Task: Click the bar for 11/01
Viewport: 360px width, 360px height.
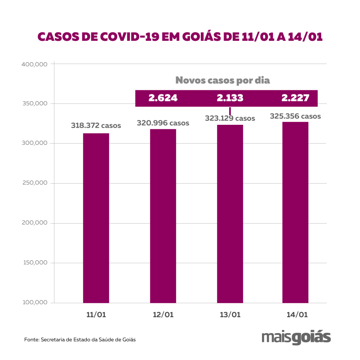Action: (x=96, y=218)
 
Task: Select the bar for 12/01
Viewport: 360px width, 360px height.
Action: (x=163, y=216)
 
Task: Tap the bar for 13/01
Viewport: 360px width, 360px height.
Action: (x=230, y=214)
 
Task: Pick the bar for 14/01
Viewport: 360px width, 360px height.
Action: (x=295, y=212)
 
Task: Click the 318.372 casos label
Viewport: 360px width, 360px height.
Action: (x=96, y=126)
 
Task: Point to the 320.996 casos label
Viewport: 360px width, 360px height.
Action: (x=163, y=123)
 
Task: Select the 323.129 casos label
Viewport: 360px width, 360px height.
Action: (x=230, y=118)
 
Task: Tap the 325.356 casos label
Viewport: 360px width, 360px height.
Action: (x=295, y=116)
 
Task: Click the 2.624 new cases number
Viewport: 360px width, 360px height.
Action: (x=163, y=98)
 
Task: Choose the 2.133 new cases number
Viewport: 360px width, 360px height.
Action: (x=230, y=98)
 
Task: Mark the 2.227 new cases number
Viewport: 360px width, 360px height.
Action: (x=295, y=98)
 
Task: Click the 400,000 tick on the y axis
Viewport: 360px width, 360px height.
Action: (x=34, y=64)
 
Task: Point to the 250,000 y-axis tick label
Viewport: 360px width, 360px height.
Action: (x=34, y=183)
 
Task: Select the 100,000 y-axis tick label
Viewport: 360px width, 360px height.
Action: (x=34, y=303)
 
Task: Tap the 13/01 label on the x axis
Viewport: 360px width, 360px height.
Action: (x=230, y=315)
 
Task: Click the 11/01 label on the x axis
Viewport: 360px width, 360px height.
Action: (x=96, y=315)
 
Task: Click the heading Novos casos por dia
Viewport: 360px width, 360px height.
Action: (x=223, y=80)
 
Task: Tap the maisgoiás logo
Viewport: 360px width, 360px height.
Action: (x=296, y=337)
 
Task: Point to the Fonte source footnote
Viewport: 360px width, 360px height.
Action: (x=80, y=340)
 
